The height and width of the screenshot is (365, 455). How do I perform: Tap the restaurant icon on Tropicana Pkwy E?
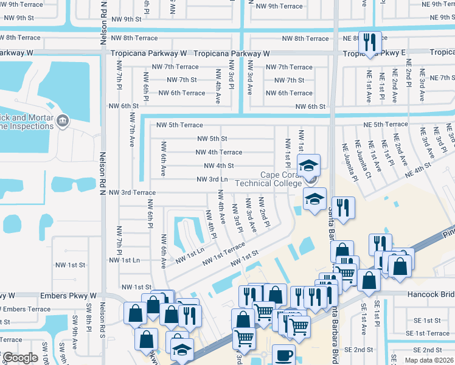pos(370,42)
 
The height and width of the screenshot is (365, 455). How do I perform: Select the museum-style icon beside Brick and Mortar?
pos(61,122)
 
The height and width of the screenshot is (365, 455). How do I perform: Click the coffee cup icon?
pos(283,355)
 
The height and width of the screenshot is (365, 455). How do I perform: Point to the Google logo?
pos(20,358)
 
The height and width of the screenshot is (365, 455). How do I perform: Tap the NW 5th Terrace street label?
pos(179,125)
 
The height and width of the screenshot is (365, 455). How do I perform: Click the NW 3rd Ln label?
pos(212,179)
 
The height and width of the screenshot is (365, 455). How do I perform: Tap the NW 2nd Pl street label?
pos(263,212)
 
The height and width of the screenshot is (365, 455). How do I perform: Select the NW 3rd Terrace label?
pos(132,192)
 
